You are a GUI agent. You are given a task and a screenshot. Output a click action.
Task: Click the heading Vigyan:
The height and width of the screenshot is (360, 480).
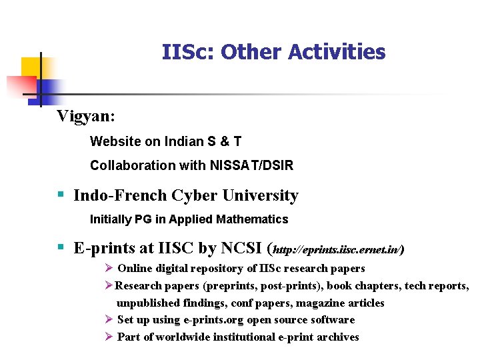tap(86, 116)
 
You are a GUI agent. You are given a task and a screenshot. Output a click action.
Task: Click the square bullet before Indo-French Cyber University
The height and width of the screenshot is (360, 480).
tap(60, 195)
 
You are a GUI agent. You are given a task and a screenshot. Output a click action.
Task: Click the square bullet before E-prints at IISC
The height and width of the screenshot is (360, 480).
tap(60, 248)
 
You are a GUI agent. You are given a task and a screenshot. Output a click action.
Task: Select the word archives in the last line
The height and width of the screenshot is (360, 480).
tap(336, 337)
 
